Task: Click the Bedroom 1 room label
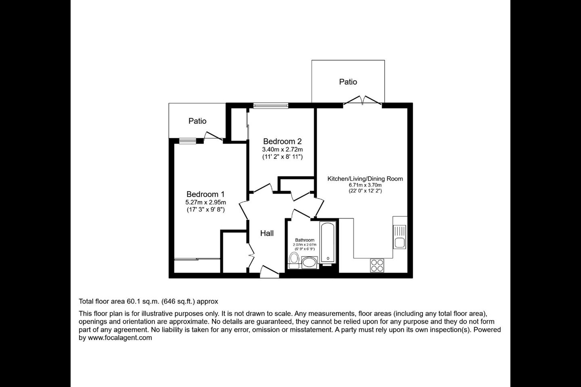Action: point(206,194)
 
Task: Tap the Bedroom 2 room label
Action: point(282,141)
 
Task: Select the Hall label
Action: point(267,233)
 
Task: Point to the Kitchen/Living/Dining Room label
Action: point(365,179)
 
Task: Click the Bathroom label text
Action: point(305,240)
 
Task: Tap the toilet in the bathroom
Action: point(294,260)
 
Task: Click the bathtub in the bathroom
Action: point(328,242)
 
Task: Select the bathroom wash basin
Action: point(309,262)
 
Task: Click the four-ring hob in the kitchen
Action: point(377,265)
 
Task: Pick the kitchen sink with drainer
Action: point(400,237)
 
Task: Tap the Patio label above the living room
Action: point(348,82)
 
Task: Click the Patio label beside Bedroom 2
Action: point(197,121)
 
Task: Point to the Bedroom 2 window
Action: point(271,106)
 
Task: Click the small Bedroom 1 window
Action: point(188,141)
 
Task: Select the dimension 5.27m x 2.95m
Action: point(206,202)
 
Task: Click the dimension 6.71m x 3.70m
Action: point(365,185)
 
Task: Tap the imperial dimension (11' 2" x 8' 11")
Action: point(282,157)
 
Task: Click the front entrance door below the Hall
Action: point(270,272)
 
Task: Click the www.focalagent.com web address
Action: point(120,338)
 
